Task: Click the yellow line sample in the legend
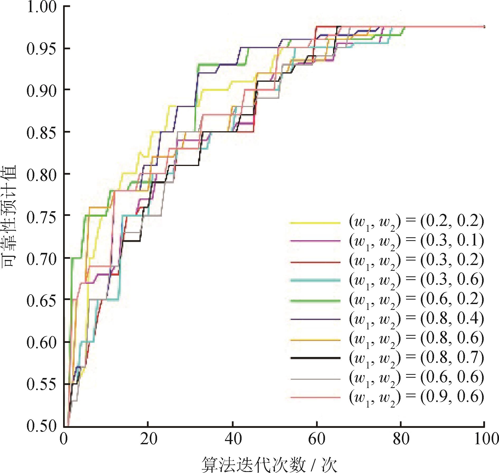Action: point(315,223)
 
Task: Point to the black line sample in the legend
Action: point(315,358)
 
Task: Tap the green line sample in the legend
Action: point(315,301)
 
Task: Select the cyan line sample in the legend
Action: point(315,280)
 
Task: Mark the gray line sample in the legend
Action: point(315,379)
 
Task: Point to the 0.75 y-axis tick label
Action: point(41,217)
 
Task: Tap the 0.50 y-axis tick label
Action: point(41,425)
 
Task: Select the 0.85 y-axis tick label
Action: point(41,133)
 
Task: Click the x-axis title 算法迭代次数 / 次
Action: point(269,464)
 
